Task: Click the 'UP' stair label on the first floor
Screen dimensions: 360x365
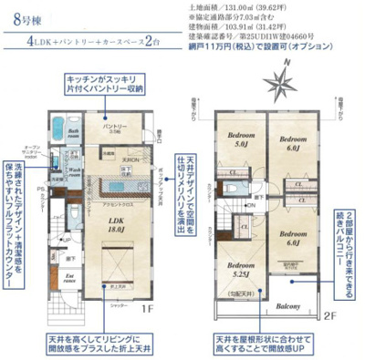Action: tap(67, 239)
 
